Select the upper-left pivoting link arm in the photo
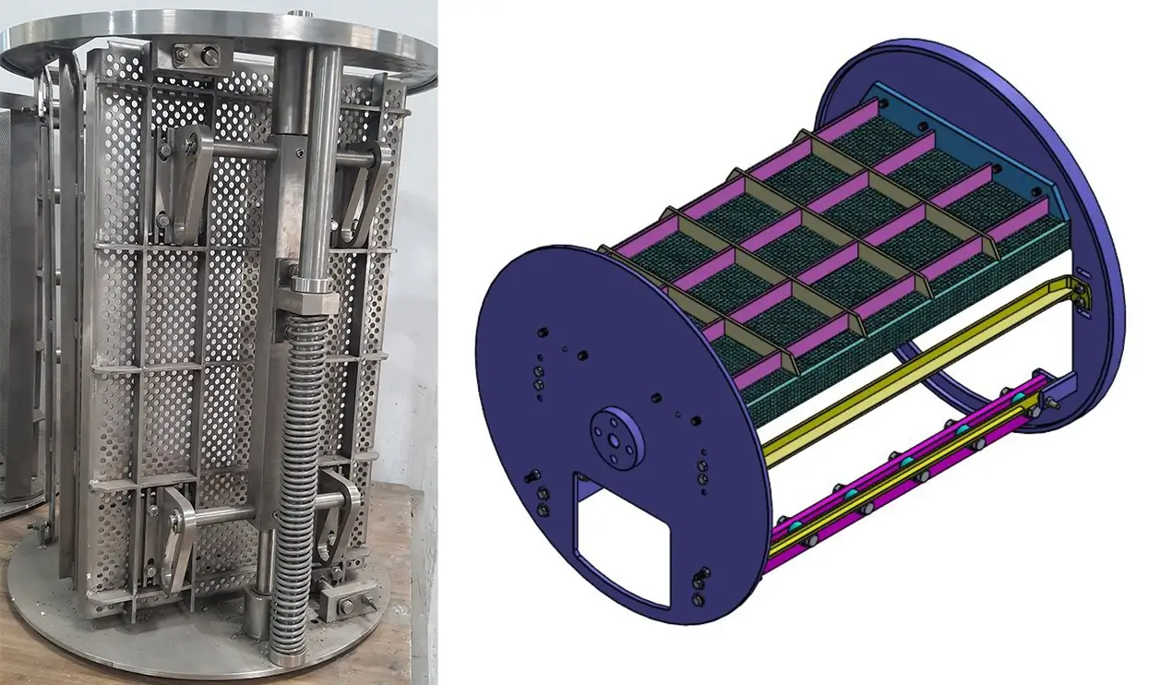pyautogui.click(x=185, y=175)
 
